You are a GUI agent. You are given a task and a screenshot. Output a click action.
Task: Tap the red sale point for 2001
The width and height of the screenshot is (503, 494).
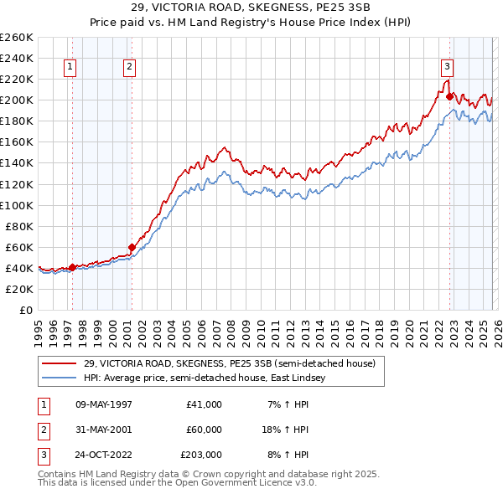[x=132, y=247]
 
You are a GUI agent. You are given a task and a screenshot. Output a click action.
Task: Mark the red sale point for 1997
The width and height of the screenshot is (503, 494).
[x=72, y=267]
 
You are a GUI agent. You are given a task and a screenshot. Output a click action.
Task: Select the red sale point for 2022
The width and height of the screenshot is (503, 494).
[x=450, y=97]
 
